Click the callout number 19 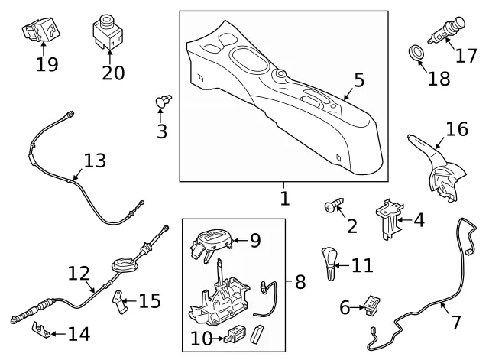[47, 65]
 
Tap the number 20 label [113, 73]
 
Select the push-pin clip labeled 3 [164, 100]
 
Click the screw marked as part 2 [335, 206]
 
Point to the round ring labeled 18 [416, 53]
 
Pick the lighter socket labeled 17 [447, 31]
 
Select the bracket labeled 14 [41, 330]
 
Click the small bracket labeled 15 [119, 302]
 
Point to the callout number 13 [95, 161]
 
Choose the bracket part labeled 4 [389, 219]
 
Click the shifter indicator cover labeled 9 [211, 244]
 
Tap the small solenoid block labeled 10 [235, 334]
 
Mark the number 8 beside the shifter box [300, 282]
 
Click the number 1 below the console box [285, 199]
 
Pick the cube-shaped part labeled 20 [108, 33]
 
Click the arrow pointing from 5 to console [348, 93]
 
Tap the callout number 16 [457, 129]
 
